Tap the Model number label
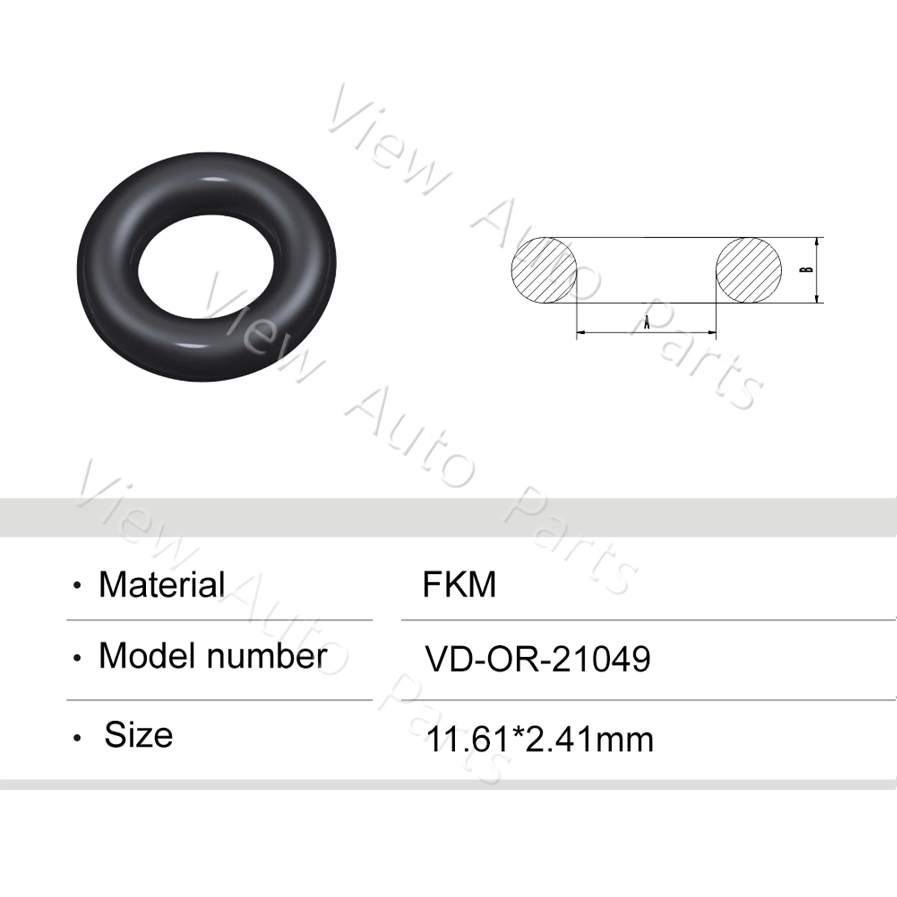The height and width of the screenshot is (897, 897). [x=213, y=656]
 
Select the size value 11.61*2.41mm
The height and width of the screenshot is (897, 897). [x=540, y=739]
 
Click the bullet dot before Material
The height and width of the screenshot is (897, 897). [x=77, y=586]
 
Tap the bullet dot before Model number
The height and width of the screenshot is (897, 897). [x=77, y=658]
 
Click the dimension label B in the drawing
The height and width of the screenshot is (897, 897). [x=809, y=269]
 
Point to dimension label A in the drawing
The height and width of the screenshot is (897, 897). [x=646, y=322]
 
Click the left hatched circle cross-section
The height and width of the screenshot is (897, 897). [x=544, y=270]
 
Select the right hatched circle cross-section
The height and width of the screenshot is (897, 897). [x=749, y=270]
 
